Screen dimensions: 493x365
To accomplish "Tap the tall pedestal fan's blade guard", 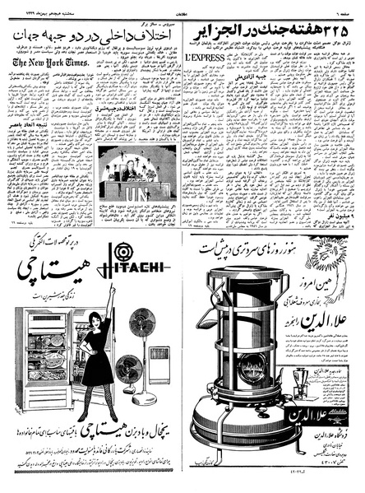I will (x=142, y=323).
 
